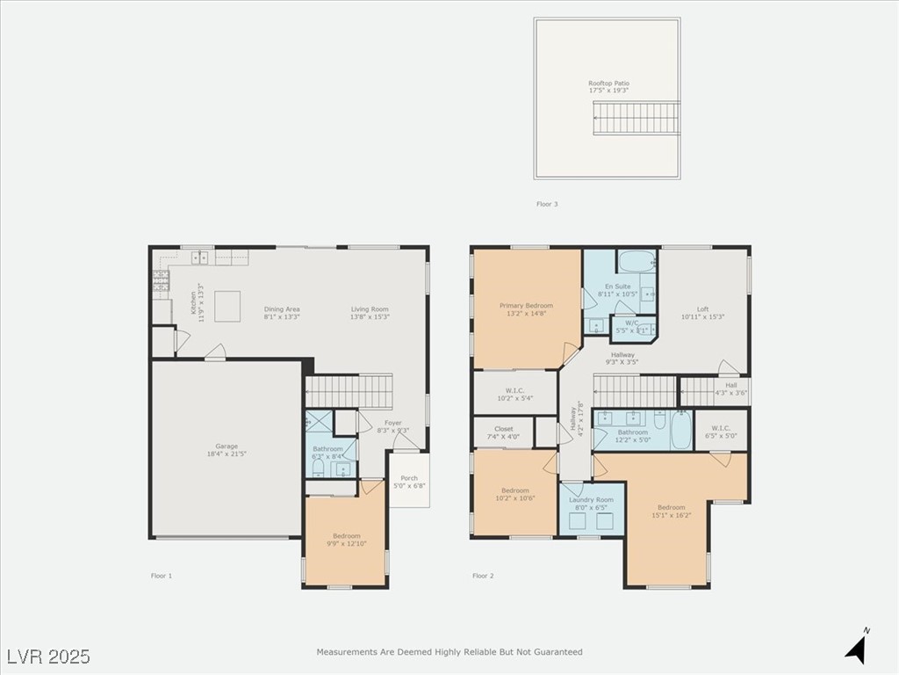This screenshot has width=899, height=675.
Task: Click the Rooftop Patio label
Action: point(608,83)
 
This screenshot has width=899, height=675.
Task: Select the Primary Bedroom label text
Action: point(526,306)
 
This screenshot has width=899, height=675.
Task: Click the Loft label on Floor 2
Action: point(702,309)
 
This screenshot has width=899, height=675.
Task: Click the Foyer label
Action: point(393,423)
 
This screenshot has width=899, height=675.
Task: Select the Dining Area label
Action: point(282,309)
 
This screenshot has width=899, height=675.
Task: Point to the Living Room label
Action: point(370,309)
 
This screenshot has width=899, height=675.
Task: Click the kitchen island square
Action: point(228,304)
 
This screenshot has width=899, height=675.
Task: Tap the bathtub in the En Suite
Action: point(636,261)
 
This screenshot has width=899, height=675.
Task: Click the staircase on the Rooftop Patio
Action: point(637,118)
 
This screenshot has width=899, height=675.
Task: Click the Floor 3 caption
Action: point(547,204)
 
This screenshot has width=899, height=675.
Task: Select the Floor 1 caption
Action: point(162,576)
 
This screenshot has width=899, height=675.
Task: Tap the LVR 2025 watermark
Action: point(48,656)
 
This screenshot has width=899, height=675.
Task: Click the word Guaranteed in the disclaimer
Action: point(560,652)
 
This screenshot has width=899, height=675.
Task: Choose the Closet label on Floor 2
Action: point(503,429)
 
